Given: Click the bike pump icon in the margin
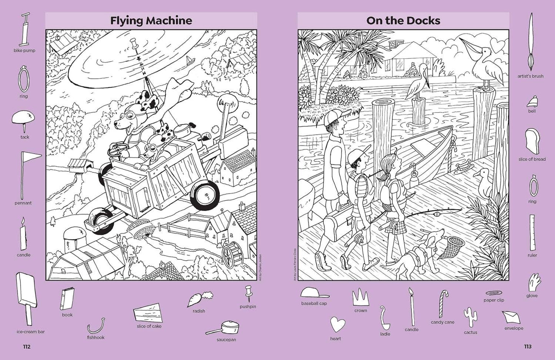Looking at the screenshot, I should point(25,29).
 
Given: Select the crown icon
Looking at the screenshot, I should point(360,297).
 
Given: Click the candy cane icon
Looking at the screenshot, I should point(443,304).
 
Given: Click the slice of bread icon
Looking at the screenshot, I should point(532,142).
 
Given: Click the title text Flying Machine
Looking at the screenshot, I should point(151,20).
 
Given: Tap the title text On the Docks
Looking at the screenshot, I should point(403,20).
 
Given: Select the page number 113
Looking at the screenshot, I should point(528,347).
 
